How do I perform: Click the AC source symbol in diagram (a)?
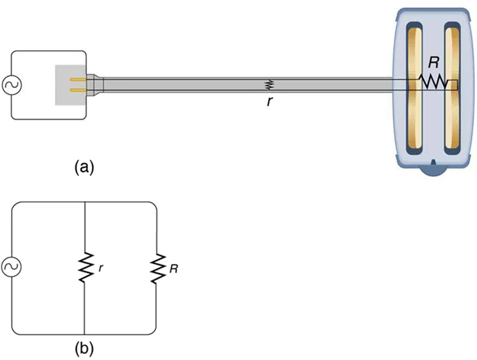tap(11, 85)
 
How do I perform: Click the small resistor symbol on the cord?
tap(268, 85)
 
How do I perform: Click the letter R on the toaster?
tap(433, 62)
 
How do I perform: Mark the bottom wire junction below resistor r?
tap(84, 334)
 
